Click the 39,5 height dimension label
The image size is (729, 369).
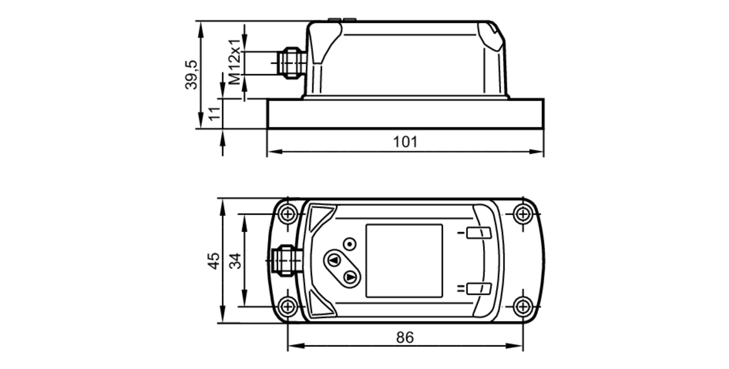(x=191, y=75)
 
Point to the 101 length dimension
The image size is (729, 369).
(x=405, y=142)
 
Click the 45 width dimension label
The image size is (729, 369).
(x=214, y=261)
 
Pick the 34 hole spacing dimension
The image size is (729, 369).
(x=235, y=261)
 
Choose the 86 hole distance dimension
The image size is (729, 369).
(x=405, y=338)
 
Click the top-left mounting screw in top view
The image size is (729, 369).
(x=288, y=214)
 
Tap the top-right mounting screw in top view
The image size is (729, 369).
(x=523, y=214)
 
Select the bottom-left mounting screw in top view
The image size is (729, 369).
(x=288, y=307)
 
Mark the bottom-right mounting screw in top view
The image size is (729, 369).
(x=523, y=307)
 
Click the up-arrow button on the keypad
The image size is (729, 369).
(x=334, y=260)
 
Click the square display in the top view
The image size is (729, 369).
(x=404, y=261)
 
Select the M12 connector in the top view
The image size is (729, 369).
(x=286, y=261)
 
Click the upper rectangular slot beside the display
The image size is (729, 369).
(x=479, y=233)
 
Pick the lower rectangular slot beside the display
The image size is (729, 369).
(x=479, y=289)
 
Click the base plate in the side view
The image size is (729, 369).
(x=405, y=114)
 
